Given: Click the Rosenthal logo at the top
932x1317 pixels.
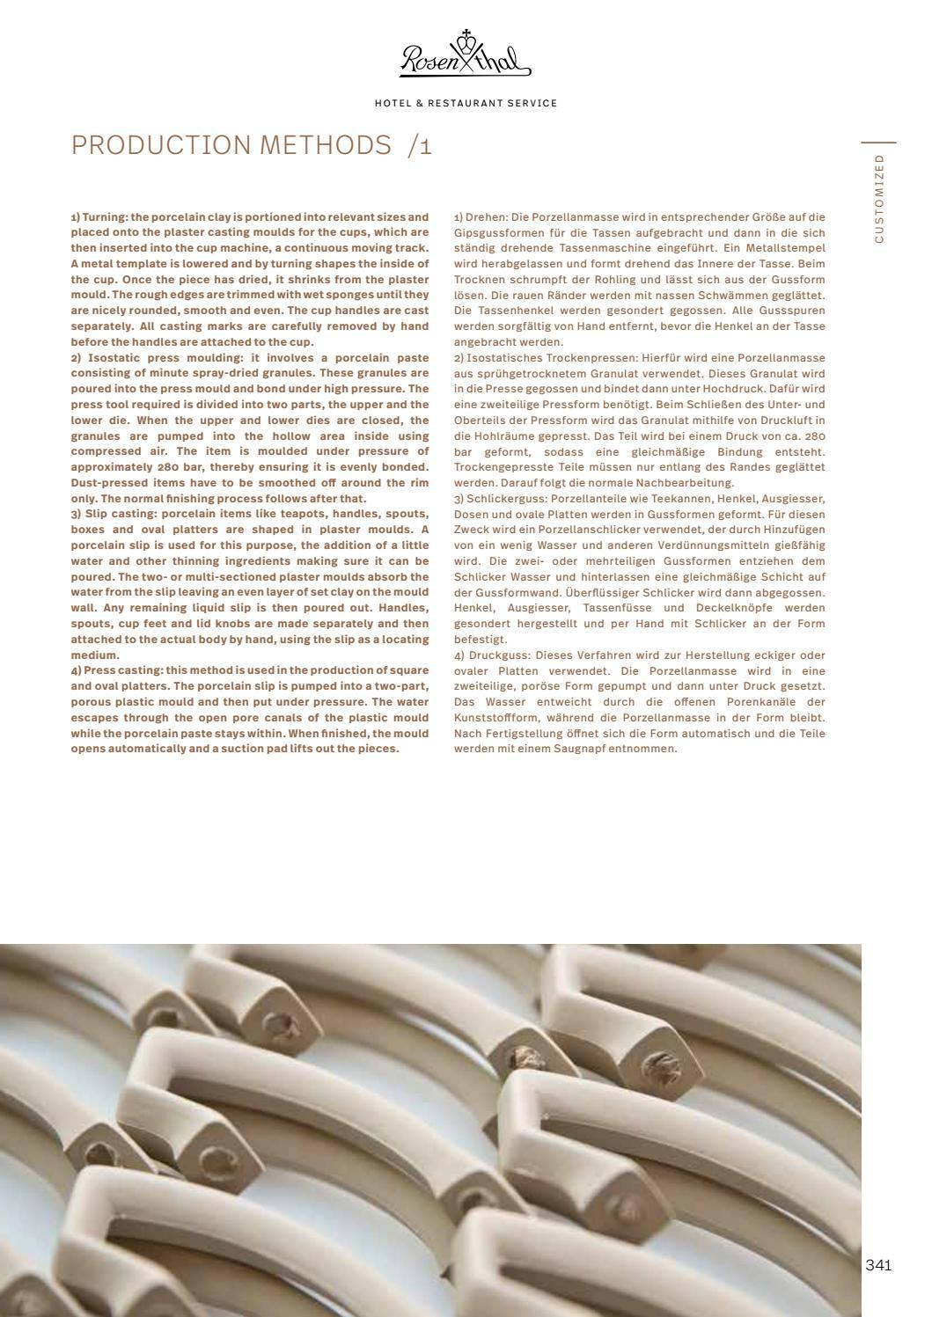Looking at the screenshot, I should (x=466, y=55).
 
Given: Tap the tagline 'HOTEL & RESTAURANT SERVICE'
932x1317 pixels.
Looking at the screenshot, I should (x=466, y=104).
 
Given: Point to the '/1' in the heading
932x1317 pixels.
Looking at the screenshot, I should (x=420, y=145).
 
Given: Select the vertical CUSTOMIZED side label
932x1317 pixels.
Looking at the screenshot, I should (x=878, y=198).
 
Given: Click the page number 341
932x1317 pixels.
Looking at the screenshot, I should (x=878, y=1265).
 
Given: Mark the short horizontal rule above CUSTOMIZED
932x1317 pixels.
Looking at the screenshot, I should (x=878, y=143).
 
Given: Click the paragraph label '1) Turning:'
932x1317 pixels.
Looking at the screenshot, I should (x=99, y=216).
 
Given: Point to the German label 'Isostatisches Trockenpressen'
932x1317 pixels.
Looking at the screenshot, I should (x=541, y=358).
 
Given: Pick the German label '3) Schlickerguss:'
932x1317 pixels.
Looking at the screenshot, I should (x=499, y=499).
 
